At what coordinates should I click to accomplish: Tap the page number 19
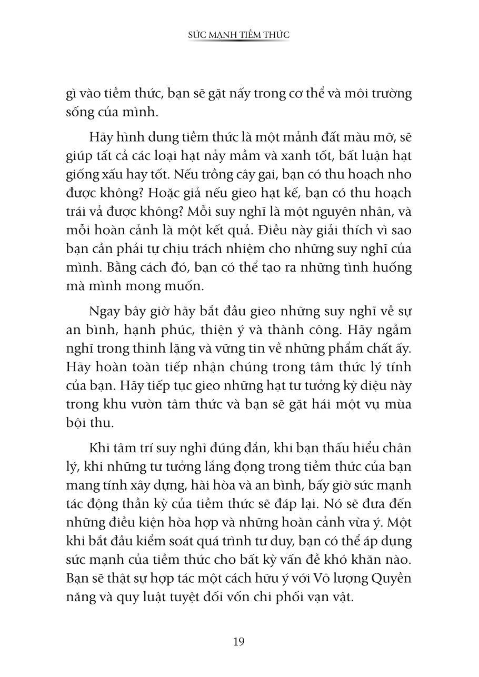pos(238,641)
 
